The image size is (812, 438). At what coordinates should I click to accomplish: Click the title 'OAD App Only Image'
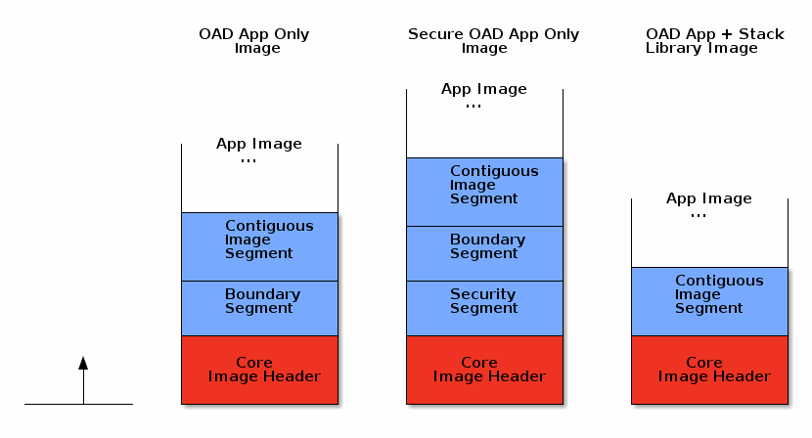click(254, 41)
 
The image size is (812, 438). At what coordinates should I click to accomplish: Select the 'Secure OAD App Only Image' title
click(493, 41)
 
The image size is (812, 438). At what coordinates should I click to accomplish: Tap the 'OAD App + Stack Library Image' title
click(714, 41)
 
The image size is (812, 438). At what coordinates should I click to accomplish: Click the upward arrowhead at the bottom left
click(83, 363)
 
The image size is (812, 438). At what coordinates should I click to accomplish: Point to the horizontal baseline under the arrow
click(78, 404)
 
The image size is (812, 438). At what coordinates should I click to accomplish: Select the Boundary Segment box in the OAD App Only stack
click(259, 308)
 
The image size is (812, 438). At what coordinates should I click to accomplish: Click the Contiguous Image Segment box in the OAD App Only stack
click(259, 246)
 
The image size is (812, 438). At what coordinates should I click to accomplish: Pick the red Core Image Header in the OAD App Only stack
click(259, 370)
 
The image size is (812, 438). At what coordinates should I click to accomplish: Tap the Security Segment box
click(484, 308)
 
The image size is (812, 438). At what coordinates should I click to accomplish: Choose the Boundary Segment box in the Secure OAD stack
click(484, 253)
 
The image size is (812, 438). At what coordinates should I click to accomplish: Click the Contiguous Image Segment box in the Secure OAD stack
click(484, 192)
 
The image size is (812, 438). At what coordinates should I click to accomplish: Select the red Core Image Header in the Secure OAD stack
click(484, 370)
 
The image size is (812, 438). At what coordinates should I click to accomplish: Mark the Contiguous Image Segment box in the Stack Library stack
click(709, 301)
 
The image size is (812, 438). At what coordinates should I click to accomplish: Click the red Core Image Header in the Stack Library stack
click(709, 370)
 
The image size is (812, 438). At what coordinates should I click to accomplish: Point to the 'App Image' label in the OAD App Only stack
click(259, 144)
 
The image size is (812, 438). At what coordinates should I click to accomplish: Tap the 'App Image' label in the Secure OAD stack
click(484, 89)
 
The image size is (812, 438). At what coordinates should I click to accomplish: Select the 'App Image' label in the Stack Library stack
click(709, 198)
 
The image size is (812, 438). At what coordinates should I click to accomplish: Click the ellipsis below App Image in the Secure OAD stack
click(474, 106)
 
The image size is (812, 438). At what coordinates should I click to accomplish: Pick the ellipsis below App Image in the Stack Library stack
click(699, 215)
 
